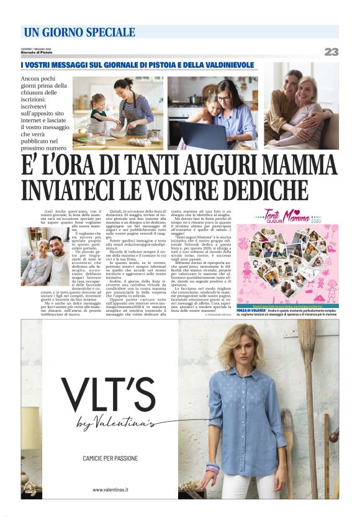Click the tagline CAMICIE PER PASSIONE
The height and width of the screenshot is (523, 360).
110,458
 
